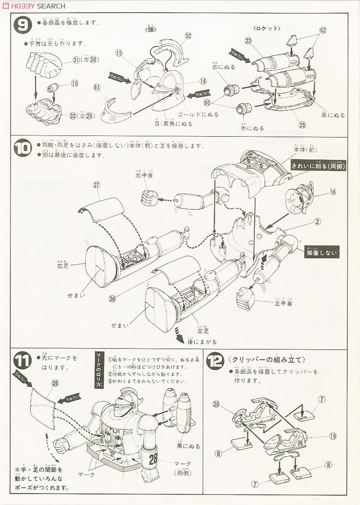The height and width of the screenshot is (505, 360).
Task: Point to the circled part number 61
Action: tap(97, 87)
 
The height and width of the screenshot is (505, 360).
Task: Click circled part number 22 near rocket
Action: tap(248, 40)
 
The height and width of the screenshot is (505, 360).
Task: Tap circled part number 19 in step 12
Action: tap(333, 436)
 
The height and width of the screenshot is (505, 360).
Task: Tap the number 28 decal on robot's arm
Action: tap(153, 458)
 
